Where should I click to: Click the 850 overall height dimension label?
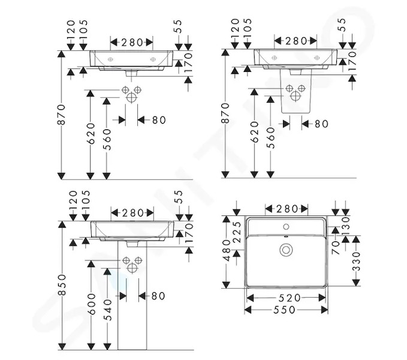click(x=62, y=285)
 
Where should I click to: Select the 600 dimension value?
click(x=91, y=303)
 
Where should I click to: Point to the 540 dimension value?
click(x=107, y=310)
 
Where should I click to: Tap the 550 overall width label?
click(x=284, y=310)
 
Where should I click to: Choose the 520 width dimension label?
click(x=290, y=298)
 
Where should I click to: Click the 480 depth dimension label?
click(x=227, y=250)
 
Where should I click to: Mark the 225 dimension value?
click(x=237, y=232)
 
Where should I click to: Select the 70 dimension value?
click(x=336, y=248)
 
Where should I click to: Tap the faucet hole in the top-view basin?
click(x=286, y=227)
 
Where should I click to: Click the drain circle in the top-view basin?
click(x=286, y=250)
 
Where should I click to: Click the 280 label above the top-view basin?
click(x=287, y=209)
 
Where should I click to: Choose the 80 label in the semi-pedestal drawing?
click(x=322, y=124)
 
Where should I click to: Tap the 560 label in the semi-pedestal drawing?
click(x=271, y=137)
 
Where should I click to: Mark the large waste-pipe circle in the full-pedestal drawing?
click(x=132, y=268)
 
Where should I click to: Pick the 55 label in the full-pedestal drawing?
click(x=179, y=197)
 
